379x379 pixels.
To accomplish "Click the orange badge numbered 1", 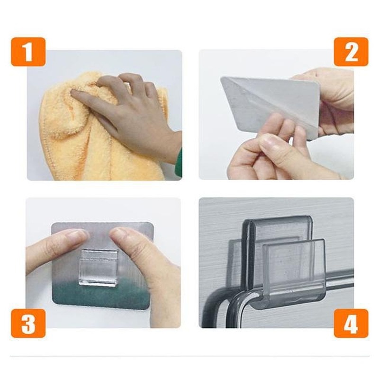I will pos(28,52).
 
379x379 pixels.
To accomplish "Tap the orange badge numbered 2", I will pos(351,52).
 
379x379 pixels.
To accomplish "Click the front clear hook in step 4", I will pos(294,270).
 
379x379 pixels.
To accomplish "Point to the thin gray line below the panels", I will pos(189,356).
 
